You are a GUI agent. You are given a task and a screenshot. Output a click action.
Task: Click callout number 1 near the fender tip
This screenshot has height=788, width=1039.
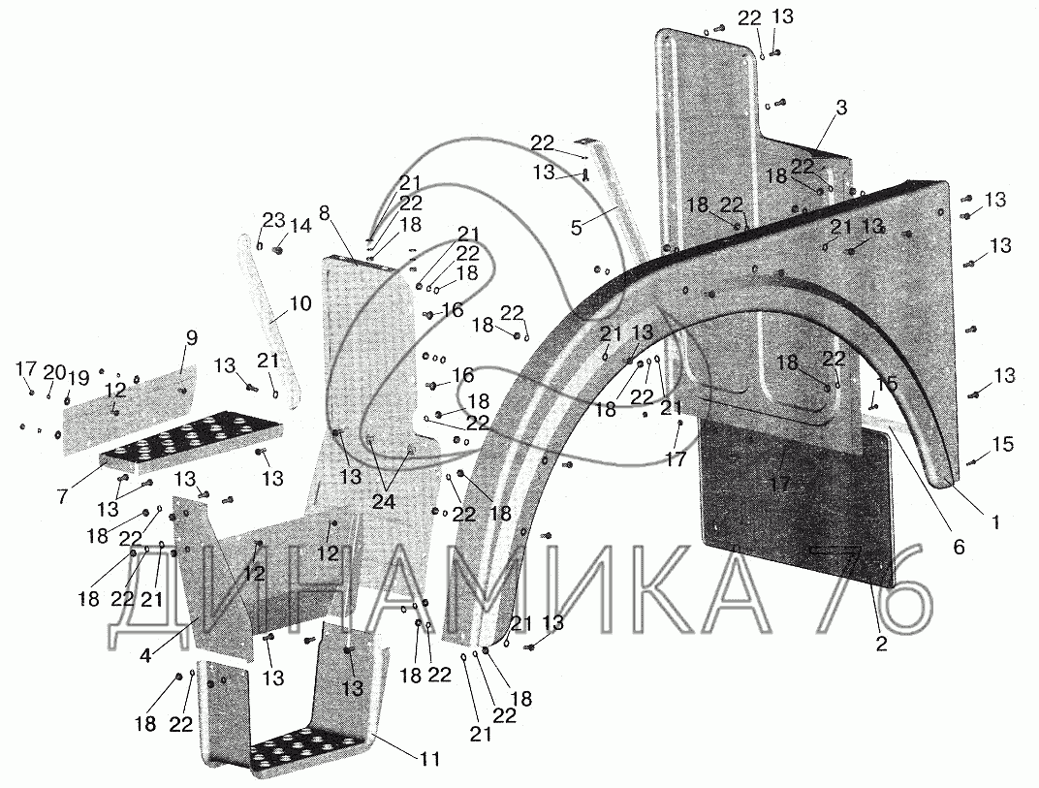click(995, 521)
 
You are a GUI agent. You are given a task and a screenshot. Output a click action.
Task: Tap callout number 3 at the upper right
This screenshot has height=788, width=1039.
click(841, 109)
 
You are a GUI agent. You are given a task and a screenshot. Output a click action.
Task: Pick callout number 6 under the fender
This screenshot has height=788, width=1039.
click(959, 547)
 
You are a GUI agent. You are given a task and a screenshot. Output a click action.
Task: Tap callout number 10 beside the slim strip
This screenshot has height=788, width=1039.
click(299, 303)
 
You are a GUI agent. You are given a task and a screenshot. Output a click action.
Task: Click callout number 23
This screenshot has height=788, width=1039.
click(272, 219)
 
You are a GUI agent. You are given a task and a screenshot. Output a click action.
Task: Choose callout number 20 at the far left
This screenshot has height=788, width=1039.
click(54, 372)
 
